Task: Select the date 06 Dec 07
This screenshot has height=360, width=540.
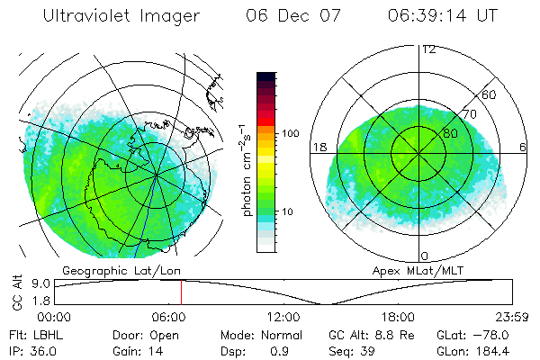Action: tap(290, 15)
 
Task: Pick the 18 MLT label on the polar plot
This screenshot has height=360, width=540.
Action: tap(319, 147)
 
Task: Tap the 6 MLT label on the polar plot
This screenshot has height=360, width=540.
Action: tap(523, 147)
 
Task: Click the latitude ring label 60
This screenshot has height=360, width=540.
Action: tap(489, 94)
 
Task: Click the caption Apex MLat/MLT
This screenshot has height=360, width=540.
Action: tap(417, 270)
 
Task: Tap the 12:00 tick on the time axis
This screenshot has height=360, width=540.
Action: tap(283, 317)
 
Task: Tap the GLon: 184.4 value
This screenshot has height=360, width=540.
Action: tap(478, 350)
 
